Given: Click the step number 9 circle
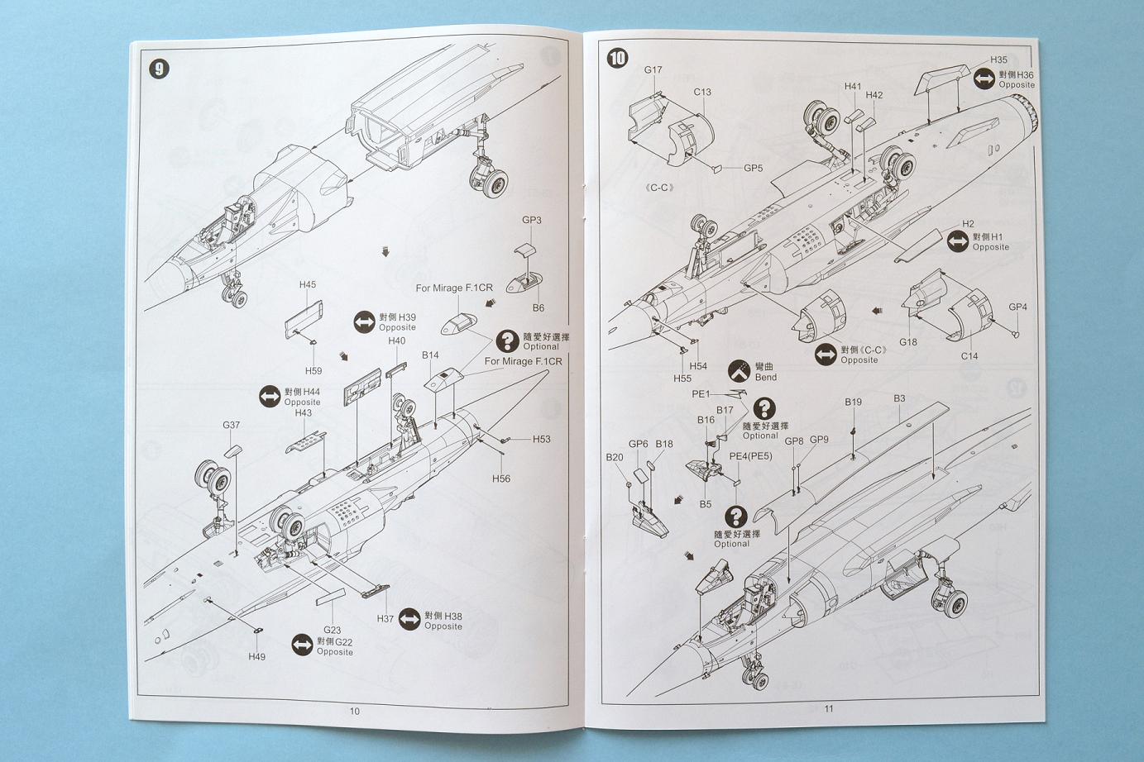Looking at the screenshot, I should (159, 69).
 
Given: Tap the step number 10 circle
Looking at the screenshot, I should (617, 58).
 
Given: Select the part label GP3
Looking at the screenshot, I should (531, 221).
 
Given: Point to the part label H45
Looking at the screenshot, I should (308, 285).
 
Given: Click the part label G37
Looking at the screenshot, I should (231, 426).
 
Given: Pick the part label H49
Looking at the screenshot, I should (256, 656).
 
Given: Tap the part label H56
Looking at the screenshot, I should (501, 479).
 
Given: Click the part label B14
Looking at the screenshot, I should (430, 355).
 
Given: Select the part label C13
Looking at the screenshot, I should (702, 93).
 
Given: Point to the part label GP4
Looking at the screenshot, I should (1017, 307).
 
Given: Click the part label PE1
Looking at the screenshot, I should (701, 394).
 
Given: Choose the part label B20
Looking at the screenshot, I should (614, 457).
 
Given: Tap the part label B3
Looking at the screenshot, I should (899, 398).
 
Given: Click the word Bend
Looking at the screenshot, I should (766, 378).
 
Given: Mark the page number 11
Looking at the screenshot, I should (829, 708).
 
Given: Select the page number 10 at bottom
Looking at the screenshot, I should (355, 711).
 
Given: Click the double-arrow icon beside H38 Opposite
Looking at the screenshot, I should (409, 619).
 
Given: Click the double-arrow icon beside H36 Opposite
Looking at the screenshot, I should (984, 79).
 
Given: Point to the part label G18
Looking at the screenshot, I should (908, 342).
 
